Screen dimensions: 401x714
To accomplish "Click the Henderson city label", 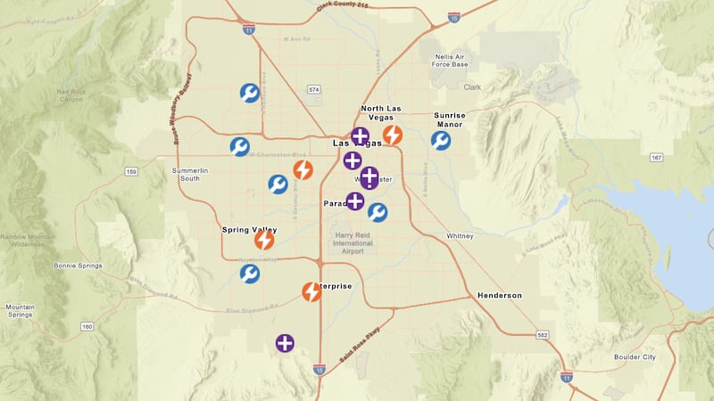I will pyautogui.click(x=500, y=295).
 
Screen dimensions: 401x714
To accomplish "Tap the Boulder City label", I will pyautogui.click(x=635, y=356).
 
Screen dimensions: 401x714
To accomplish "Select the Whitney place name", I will pyautogui.click(x=461, y=236).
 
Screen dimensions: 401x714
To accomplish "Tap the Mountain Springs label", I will pyautogui.click(x=21, y=311).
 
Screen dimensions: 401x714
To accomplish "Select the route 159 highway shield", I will pyautogui.click(x=131, y=172).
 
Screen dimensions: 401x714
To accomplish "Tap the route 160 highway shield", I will pyautogui.click(x=87, y=327).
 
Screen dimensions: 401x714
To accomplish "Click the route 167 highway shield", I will pyautogui.click(x=656, y=158).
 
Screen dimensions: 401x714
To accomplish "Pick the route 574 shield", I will pyautogui.click(x=313, y=90).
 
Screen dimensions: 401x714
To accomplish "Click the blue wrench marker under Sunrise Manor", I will pyautogui.click(x=441, y=141).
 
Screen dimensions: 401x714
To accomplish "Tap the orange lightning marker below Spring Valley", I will pyautogui.click(x=264, y=240).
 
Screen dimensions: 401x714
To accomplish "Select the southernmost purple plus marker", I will pyautogui.click(x=285, y=343).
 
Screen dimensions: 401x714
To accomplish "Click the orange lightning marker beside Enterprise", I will pyautogui.click(x=311, y=291).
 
